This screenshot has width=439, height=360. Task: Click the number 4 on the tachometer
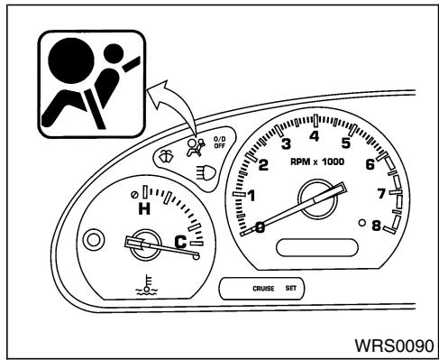click(x=315, y=136)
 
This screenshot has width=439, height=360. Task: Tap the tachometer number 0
click(x=260, y=227)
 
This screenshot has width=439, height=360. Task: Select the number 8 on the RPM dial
click(x=377, y=227)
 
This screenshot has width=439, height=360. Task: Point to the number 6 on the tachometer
click(x=370, y=164)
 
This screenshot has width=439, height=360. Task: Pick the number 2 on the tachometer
click(x=263, y=165)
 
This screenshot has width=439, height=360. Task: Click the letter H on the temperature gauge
click(x=142, y=209)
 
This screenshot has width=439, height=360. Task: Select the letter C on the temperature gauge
click(x=180, y=241)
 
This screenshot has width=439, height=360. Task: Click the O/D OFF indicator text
click(x=219, y=142)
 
